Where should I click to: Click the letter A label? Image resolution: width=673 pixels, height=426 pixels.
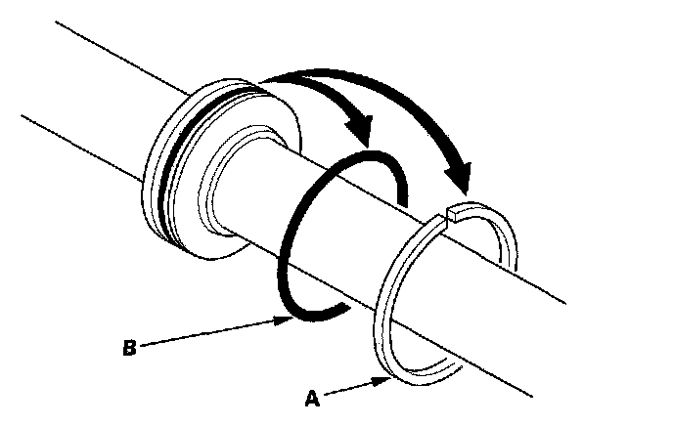[311, 400]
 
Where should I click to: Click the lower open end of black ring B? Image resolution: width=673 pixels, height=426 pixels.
[337, 310]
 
